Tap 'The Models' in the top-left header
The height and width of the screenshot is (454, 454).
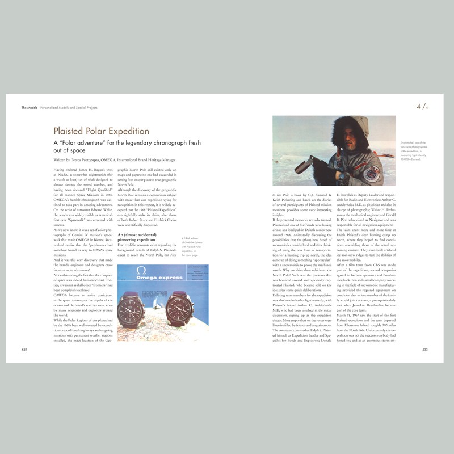point(29,107)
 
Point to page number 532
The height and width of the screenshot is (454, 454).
point(25,350)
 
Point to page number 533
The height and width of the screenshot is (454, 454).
point(424,350)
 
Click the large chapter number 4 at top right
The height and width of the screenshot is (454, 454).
point(419,106)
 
